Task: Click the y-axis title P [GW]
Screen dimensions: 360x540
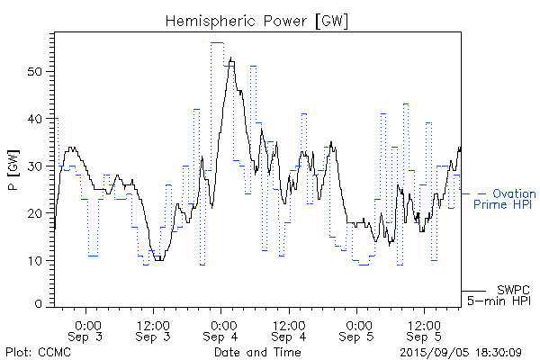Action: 13,169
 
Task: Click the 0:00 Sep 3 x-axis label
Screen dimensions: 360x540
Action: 87,330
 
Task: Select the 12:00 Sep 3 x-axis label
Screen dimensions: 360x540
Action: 154,330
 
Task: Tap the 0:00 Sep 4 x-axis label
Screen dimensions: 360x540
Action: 221,330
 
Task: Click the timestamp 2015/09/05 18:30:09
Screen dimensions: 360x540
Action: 460,351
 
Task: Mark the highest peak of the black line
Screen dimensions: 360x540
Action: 231,59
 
